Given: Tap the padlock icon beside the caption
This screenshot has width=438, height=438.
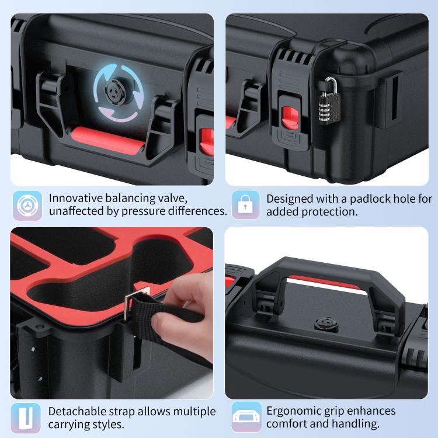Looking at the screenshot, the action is (x=245, y=205).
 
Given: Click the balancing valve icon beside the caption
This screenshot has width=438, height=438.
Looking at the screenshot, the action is (x=27, y=206).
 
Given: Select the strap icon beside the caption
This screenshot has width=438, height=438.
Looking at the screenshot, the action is (x=26, y=418).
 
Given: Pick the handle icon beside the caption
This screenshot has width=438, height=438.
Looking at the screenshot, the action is (x=246, y=417).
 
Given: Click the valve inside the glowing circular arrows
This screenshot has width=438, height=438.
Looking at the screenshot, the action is (x=116, y=91).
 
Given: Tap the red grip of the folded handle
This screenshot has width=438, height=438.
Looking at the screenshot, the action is (x=107, y=140).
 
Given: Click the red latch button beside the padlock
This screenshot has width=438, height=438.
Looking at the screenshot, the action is (x=290, y=118).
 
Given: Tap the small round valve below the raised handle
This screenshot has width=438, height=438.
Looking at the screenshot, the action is (x=326, y=324).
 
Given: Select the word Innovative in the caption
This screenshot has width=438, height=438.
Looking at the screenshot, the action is (x=76, y=199).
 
